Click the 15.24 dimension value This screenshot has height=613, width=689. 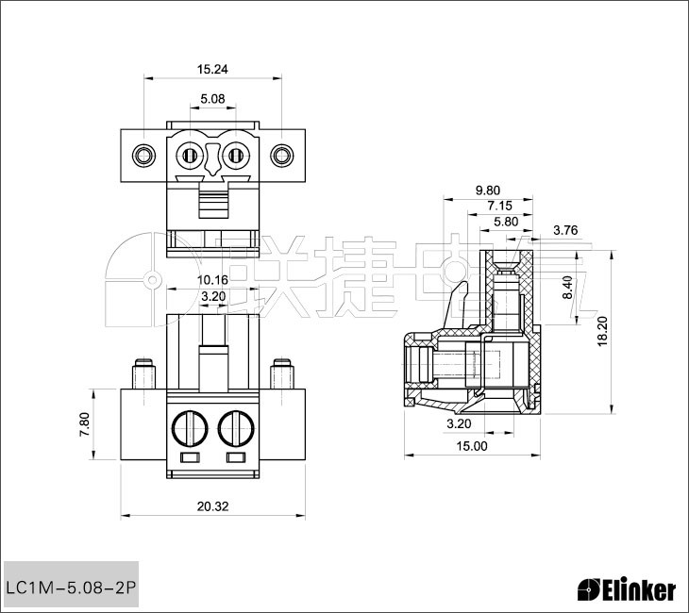click(212, 69)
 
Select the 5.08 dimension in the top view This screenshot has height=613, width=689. click(212, 98)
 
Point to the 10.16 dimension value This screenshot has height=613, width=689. click(212, 280)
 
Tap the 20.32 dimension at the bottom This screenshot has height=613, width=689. click(212, 506)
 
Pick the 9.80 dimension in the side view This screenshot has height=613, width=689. click(487, 189)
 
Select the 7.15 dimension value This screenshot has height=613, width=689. click(499, 205)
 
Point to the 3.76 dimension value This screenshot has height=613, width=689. click(565, 230)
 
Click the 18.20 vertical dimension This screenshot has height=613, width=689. click(602, 332)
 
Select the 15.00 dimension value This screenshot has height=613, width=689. click(472, 446)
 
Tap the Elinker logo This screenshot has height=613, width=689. click(626, 590)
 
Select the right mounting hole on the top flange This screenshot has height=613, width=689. click(280, 155)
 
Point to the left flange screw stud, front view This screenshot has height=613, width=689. click(143, 375)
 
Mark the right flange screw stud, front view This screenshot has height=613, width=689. click(280, 375)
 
